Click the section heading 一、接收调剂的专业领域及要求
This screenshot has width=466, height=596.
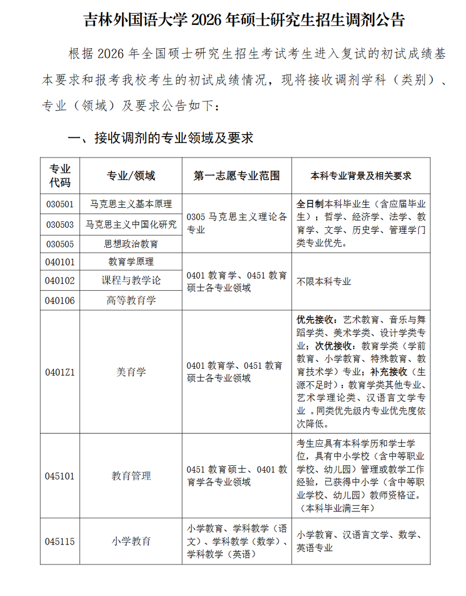point(160,138)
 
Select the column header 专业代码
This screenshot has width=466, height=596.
point(60,175)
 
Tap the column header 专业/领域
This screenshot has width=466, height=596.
point(131,176)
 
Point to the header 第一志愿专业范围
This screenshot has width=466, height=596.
point(237,176)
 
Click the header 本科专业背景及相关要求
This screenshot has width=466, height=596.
point(361,176)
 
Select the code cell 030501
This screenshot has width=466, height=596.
point(60,204)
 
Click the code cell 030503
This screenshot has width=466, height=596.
point(60,225)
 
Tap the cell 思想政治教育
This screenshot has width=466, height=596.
point(131,244)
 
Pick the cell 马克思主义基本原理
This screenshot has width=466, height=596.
point(131,204)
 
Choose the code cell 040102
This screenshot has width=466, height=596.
point(60,281)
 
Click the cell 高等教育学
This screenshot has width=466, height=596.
point(131,300)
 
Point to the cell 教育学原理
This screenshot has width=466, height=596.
point(131,262)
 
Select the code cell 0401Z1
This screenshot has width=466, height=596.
point(60,372)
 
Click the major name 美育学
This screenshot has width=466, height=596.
point(131,372)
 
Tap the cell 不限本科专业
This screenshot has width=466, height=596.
point(324,281)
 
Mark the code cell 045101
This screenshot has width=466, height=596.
point(60,476)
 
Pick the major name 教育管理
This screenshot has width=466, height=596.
point(131,476)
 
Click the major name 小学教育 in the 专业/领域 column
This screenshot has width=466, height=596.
point(131,541)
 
